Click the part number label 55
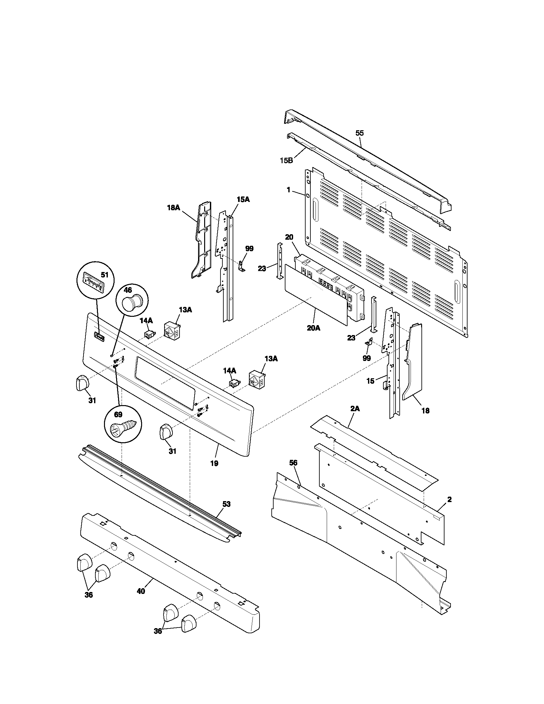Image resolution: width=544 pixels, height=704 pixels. coord(359,133)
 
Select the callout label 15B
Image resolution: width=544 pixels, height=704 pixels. coord(286,160)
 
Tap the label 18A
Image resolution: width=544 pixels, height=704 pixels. coord(173,208)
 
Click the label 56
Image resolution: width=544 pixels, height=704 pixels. coord(293,463)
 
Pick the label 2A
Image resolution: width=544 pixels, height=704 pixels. coord(355,409)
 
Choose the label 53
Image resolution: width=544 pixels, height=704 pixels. coord(227,504)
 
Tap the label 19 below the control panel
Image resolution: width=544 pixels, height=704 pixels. coord(214,464)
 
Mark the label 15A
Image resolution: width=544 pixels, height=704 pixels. coord(243,200)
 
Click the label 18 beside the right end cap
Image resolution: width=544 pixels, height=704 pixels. coord(425,411)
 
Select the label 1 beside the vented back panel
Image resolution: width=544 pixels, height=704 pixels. coord(288,190)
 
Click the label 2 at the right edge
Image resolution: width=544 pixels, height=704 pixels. coord(449,500)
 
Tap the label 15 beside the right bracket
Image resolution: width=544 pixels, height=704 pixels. coord(370,381)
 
